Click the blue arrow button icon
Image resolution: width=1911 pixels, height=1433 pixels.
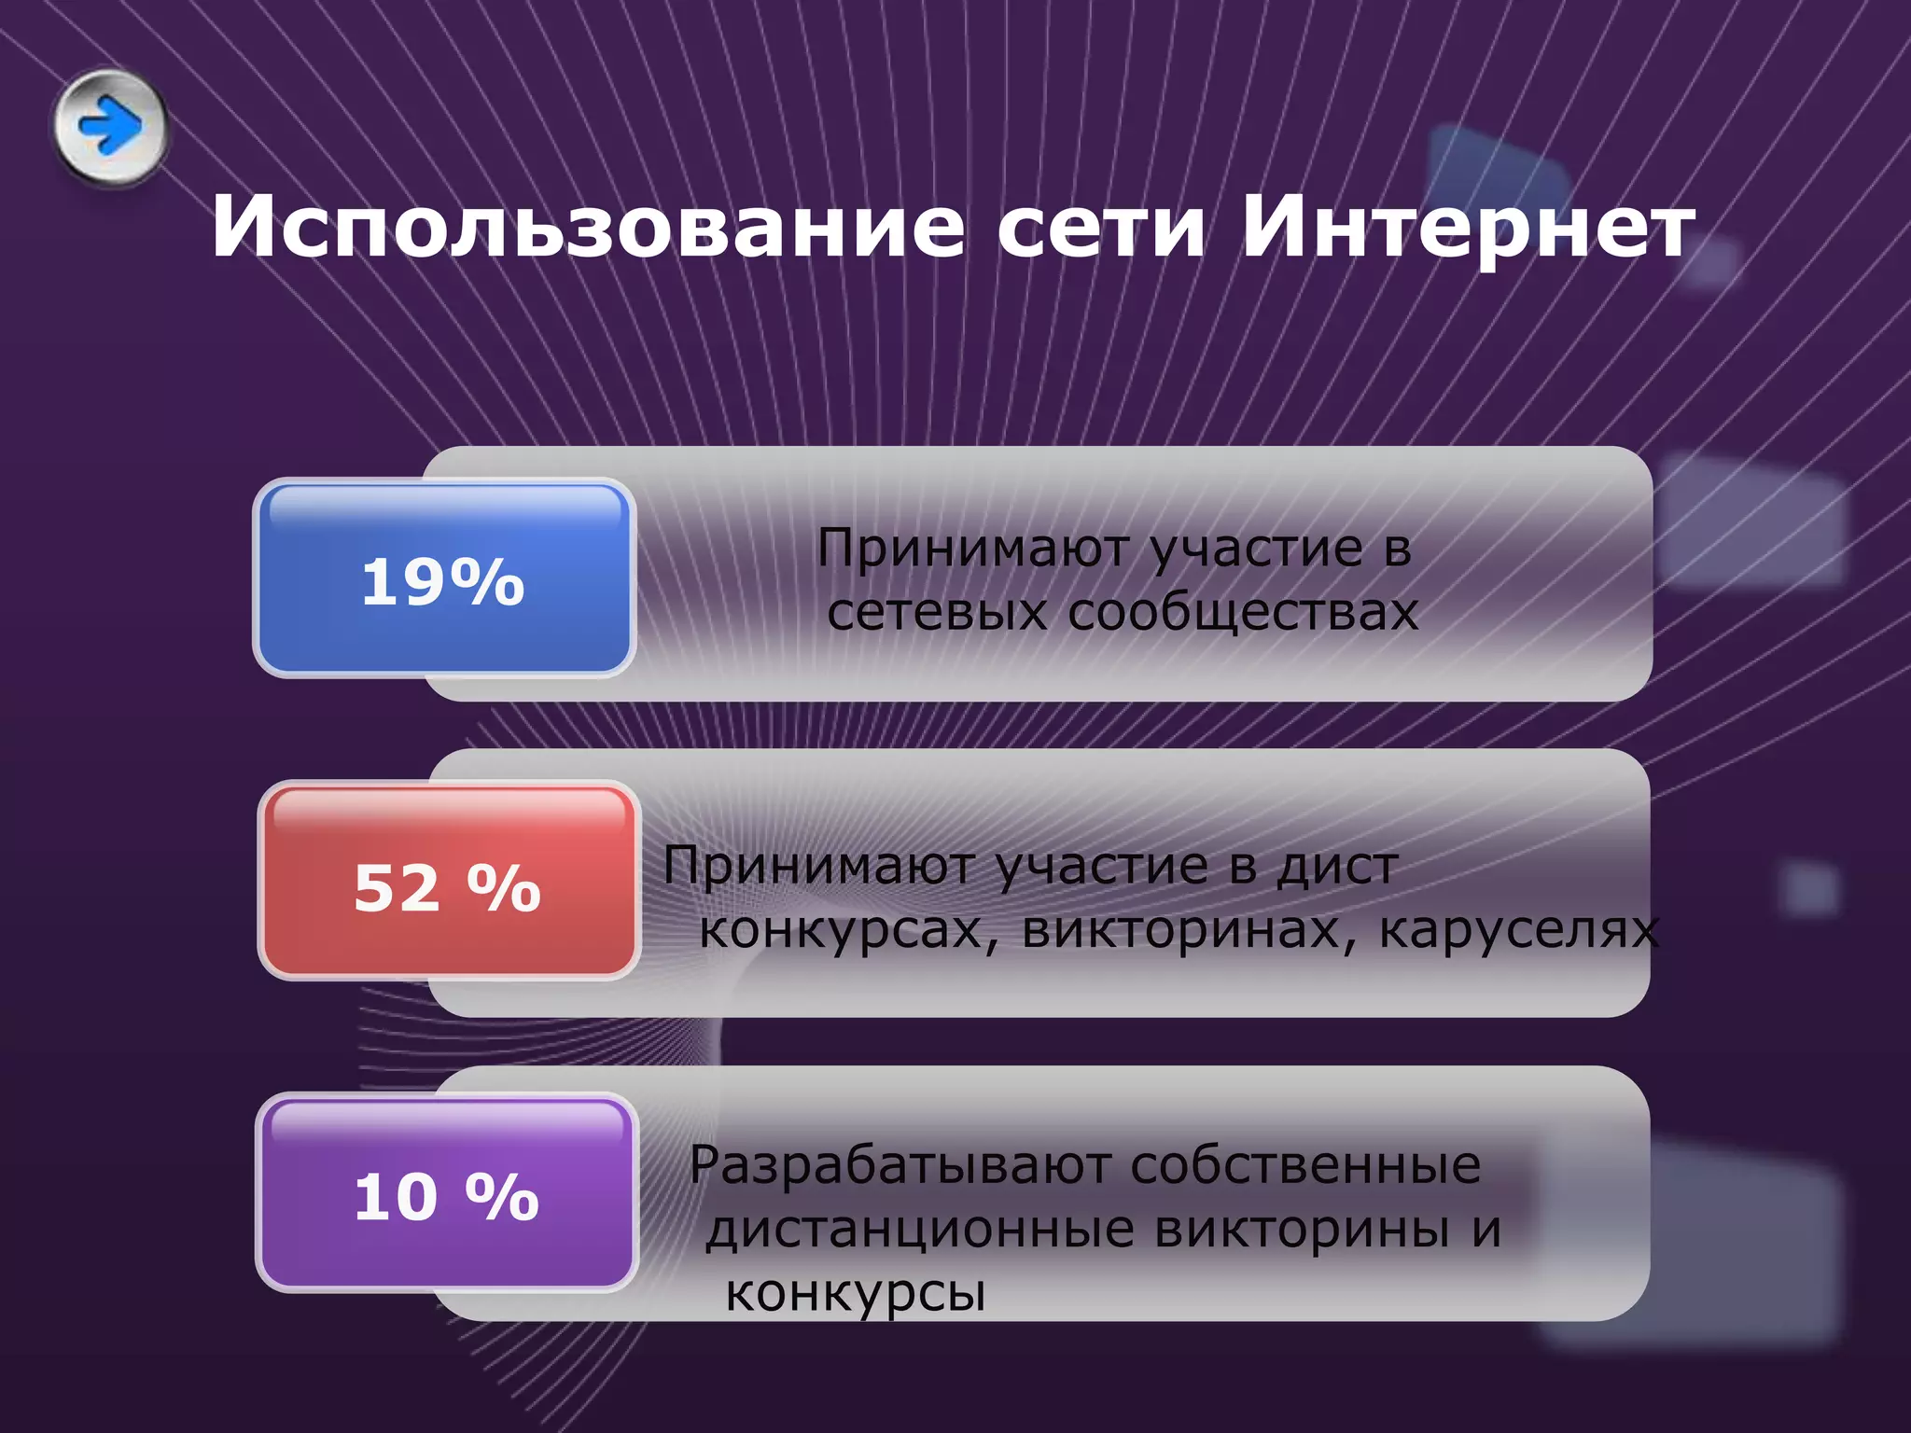tap(110, 126)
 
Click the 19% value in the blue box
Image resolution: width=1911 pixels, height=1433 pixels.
tap(443, 582)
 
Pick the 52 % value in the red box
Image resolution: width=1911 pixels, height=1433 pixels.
tap(447, 887)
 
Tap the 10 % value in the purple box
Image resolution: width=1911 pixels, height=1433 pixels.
tap(447, 1196)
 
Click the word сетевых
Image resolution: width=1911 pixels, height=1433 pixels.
tap(937, 613)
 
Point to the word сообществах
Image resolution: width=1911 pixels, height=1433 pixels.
tap(1243, 613)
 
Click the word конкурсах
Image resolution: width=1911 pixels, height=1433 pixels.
tap(841, 930)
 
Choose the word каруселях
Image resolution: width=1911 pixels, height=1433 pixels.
tap(1519, 930)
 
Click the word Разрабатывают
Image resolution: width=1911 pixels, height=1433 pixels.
tap(900, 1166)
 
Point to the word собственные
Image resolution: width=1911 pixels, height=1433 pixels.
tap(1305, 1166)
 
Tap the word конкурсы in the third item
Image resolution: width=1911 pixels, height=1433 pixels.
tap(856, 1294)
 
